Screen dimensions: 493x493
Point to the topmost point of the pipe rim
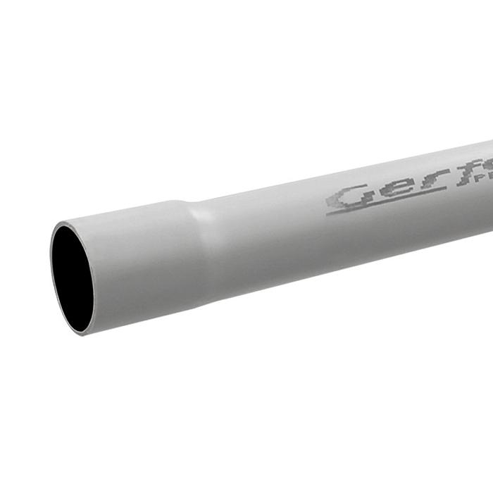tap(65, 223)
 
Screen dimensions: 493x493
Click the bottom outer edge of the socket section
tap(141, 321)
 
